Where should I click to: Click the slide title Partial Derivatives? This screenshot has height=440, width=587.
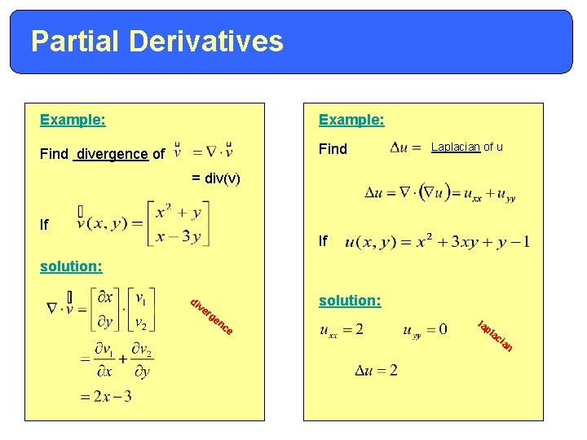[x=157, y=41]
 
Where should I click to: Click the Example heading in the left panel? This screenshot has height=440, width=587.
[x=73, y=120]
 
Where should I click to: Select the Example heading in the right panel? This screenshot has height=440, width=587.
[x=351, y=120]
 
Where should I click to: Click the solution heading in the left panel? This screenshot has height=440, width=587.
[x=71, y=266]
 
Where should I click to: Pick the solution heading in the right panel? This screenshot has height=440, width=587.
[x=350, y=301]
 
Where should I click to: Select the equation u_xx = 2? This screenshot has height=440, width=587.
[x=342, y=330]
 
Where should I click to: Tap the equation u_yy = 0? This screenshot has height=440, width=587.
[x=425, y=330]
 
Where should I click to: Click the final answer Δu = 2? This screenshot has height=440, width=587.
[x=376, y=371]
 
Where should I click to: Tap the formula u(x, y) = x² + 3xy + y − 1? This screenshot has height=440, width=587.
[x=437, y=243]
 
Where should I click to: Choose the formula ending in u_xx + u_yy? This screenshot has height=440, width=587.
[x=439, y=194]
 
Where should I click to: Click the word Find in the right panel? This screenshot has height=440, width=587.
[x=333, y=149]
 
